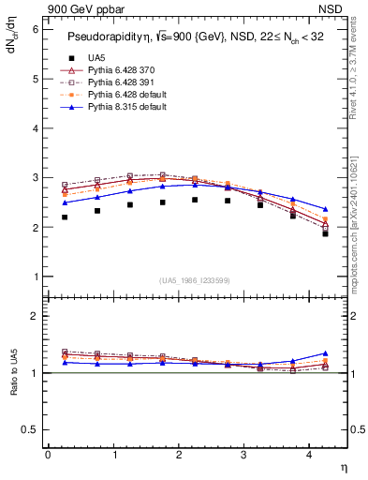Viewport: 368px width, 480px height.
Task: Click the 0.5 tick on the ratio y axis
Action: tap(30, 429)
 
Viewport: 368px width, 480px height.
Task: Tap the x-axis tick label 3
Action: tap(244, 455)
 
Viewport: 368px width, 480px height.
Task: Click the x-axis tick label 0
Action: tap(48, 455)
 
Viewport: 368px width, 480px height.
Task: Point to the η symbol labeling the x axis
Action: tap(342, 466)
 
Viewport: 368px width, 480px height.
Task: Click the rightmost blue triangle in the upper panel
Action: tap(325, 209)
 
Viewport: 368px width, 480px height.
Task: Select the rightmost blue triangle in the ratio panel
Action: tap(325, 353)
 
